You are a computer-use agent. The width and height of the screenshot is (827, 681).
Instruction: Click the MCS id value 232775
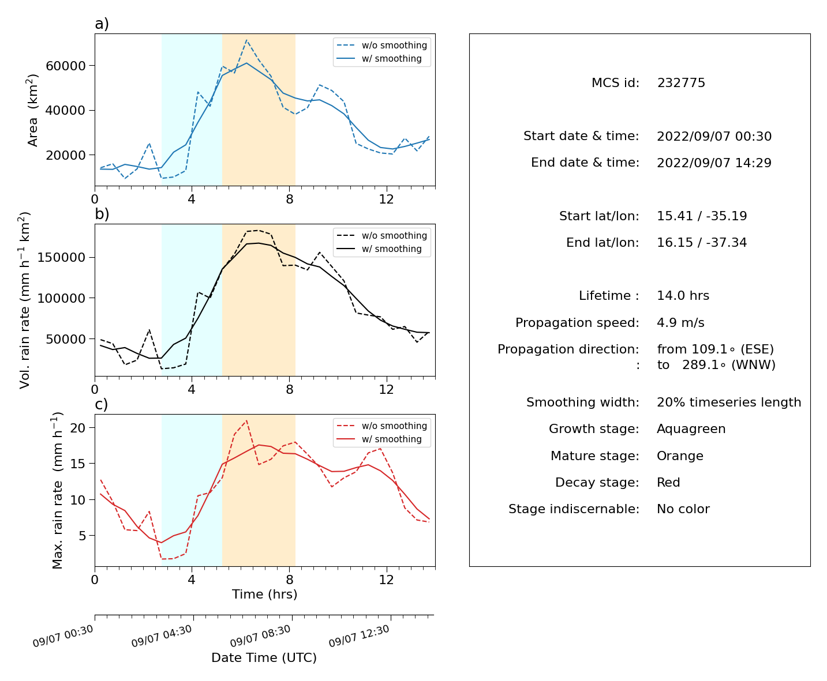681,82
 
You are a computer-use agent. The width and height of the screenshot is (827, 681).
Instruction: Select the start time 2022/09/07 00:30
714,136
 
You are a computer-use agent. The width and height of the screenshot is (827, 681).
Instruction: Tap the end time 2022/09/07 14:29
714,163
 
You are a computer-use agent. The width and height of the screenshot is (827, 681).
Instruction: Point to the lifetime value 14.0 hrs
683,296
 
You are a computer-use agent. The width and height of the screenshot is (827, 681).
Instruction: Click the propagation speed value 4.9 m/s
680,322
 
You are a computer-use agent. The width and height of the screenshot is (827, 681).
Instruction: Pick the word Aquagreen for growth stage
691,429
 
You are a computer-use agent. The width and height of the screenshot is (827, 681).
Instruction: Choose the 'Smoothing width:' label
583,402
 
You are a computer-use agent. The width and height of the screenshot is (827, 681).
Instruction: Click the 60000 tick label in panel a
66,66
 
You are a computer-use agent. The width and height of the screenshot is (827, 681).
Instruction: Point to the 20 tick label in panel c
78,428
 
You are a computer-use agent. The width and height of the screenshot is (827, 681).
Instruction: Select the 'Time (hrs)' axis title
264,595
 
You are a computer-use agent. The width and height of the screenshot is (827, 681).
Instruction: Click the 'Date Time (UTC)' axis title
264,658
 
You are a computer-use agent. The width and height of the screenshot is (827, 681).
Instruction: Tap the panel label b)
102,214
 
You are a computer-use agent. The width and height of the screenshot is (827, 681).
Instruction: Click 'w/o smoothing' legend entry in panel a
381,45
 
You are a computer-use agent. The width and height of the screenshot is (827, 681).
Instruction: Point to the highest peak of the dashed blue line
246,40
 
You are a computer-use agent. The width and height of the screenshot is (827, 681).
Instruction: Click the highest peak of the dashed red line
246,420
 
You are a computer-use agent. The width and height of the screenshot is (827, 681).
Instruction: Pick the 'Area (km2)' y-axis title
32,110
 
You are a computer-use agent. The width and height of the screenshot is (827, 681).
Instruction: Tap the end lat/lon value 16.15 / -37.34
702,243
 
